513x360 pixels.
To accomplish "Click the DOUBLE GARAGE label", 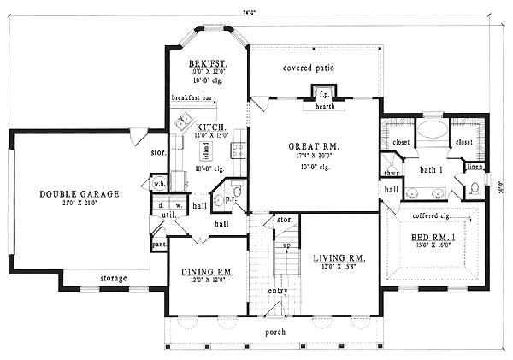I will coord(78,194).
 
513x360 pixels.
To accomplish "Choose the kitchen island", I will coord(205,150).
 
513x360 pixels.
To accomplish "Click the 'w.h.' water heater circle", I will coord(159,185).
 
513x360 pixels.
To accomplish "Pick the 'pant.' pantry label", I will coord(159,245).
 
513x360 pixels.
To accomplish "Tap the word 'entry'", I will coord(277,292).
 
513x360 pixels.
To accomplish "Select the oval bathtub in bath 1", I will coord(425,133).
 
